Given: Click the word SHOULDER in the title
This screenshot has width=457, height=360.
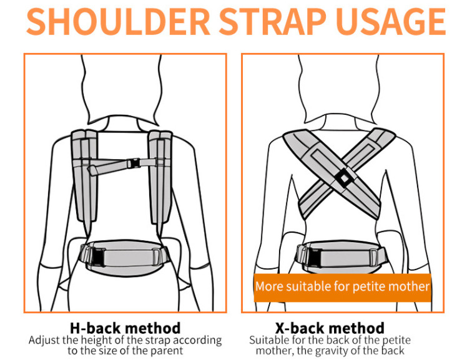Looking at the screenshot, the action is tap(118, 22).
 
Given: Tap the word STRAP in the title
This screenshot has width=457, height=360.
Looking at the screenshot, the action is tap(272, 22).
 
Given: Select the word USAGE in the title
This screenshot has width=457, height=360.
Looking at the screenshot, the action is tap(391, 22).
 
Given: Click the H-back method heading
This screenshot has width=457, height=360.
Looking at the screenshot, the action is tap(125, 328).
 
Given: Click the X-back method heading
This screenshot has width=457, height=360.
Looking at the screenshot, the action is tap(330, 328).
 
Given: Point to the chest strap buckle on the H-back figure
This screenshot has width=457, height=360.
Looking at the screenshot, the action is tap(134, 163).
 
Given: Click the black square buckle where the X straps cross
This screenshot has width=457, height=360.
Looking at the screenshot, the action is tap(344, 178).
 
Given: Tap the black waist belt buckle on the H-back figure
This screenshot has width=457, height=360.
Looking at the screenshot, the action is tap(99, 257).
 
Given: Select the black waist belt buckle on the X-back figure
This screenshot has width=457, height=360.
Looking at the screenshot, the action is tap(315, 258).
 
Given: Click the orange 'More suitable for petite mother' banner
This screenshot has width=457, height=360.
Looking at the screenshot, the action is tap(343, 288).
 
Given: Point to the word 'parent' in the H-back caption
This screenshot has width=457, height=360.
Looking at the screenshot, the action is tap(167, 351).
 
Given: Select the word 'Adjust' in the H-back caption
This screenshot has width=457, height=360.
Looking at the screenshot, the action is tap(44, 340).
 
